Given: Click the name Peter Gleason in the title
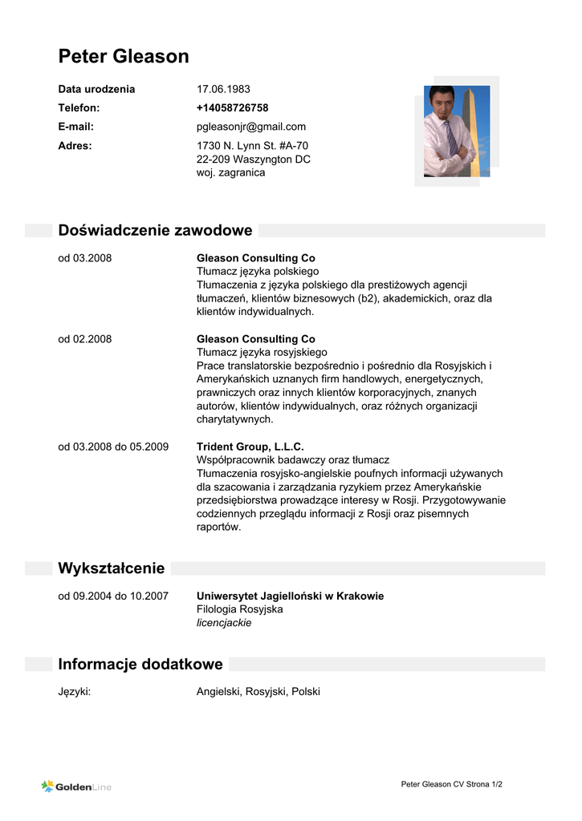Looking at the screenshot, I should pos(124,56).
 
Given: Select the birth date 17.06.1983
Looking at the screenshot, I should pos(223,89).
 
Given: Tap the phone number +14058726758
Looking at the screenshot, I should pos(232,107).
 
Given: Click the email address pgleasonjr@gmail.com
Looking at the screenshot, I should pos(251,127).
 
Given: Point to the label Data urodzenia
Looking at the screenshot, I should pos(96,89).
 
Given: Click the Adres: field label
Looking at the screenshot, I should pos(75,146).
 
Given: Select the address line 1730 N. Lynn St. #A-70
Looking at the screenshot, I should pos(252,146).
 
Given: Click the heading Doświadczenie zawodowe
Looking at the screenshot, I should pos(155,231).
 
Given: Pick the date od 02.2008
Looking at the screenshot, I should pos(84,339).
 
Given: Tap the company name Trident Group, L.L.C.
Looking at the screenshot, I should pos(250,447).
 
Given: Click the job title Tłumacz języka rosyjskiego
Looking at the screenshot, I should pos(262,352).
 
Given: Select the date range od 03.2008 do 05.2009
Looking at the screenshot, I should pos(113,447).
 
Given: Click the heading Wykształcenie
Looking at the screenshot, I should pos(112,568).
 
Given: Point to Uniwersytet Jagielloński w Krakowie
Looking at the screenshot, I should pos(290,596).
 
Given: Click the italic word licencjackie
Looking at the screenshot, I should pos(224,623).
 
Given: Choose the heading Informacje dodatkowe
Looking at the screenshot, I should pos(140,665).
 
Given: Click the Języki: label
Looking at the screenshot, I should pos(74,691).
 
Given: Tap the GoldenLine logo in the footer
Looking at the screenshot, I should pos(76,787).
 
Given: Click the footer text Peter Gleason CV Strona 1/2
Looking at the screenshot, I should pos(451,784).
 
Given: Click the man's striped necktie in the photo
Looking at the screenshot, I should pos(452,136).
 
